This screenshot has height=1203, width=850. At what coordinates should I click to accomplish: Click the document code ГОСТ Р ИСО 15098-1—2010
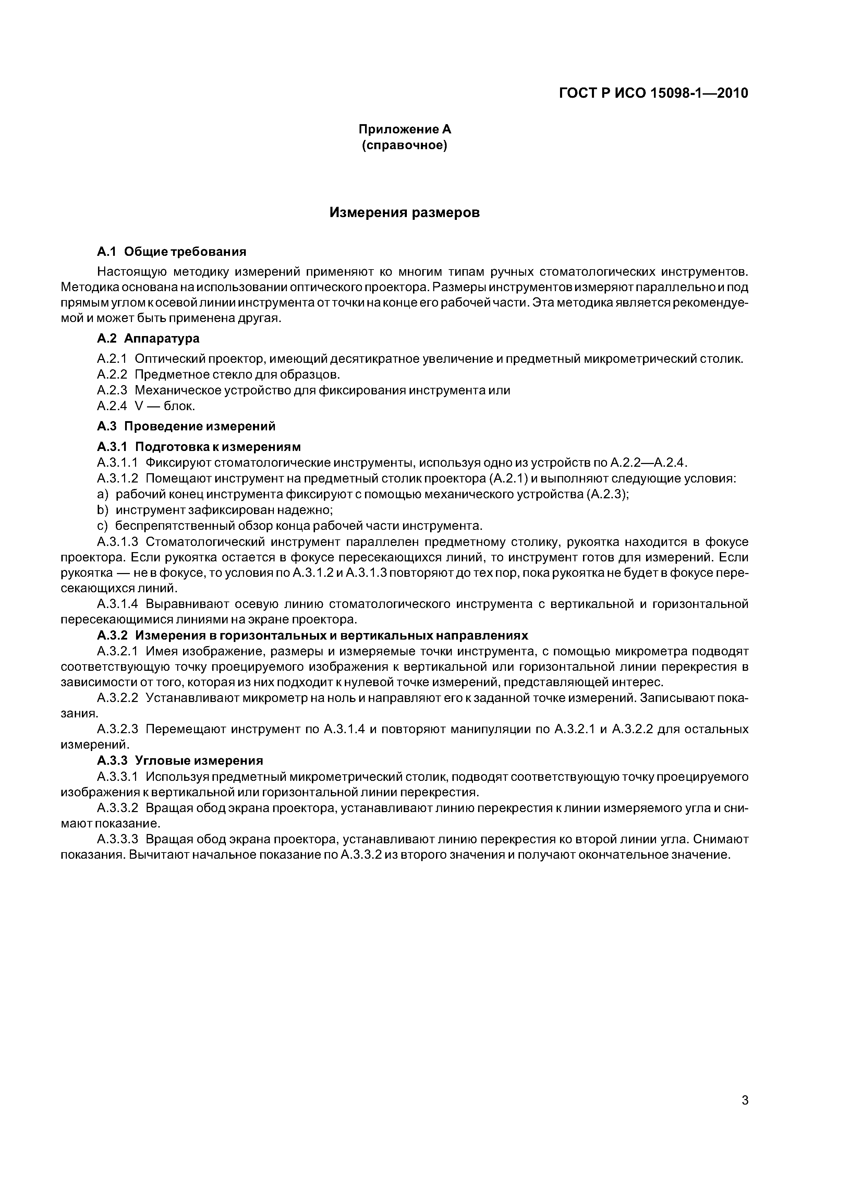654,93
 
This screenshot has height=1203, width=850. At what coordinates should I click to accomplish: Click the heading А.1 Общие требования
171,252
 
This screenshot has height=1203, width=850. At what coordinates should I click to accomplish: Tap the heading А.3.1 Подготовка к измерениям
199,447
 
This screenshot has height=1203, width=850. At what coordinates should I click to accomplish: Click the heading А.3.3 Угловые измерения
180,760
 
